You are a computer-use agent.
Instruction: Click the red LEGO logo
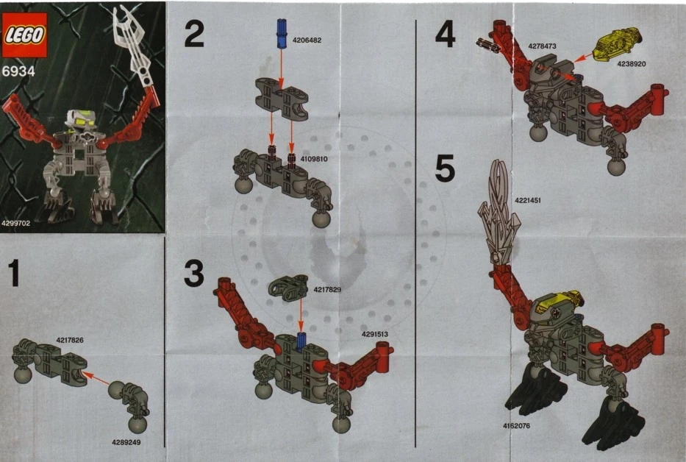(x=24, y=35)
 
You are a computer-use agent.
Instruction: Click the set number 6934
(x=18, y=71)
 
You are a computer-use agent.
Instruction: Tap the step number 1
(x=14, y=273)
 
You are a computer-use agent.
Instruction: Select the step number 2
(x=194, y=34)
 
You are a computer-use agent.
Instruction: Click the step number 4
(x=446, y=35)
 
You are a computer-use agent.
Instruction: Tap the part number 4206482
(x=307, y=40)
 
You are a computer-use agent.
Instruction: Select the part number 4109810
(x=314, y=159)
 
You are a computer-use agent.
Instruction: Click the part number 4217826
(x=70, y=340)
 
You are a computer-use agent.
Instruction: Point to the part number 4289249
(x=126, y=442)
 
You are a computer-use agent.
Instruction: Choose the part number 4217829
(x=327, y=289)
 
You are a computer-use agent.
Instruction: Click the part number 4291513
(x=374, y=334)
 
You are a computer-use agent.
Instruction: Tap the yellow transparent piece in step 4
(x=618, y=43)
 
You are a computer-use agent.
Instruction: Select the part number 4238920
(x=632, y=64)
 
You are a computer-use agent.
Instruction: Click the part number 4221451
(x=528, y=201)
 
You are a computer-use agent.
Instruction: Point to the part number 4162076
(x=516, y=426)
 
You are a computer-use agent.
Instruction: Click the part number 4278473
(x=542, y=46)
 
